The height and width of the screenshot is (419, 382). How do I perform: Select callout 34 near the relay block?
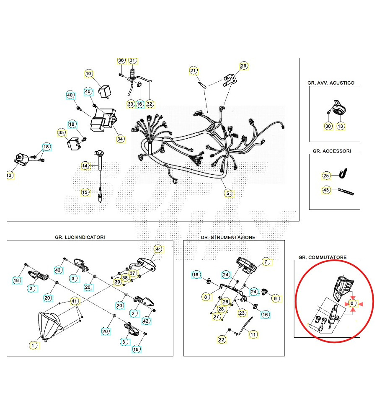point(120,139)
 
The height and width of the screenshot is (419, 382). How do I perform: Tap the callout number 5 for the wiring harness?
point(228,193)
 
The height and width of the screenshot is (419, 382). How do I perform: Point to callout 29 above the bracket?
point(244,65)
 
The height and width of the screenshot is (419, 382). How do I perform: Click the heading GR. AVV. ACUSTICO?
point(330,83)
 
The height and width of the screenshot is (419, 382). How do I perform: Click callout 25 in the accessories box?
point(327,175)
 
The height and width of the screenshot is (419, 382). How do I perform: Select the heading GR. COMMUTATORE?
point(322,257)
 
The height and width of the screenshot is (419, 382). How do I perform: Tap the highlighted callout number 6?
point(352,303)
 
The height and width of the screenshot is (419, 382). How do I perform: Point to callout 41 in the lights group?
point(74,301)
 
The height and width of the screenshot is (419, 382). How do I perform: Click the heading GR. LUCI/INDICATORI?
point(80,237)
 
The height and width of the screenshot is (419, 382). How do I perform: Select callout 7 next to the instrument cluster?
point(266,261)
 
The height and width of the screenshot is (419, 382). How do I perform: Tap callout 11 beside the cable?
point(253,334)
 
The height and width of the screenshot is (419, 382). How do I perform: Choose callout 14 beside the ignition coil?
point(85,166)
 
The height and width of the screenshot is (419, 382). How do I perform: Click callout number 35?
point(62,133)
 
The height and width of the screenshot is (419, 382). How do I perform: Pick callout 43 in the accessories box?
point(327,190)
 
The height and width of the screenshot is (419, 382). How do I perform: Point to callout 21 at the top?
point(193,70)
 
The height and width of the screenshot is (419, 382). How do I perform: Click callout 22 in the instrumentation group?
point(221,339)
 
